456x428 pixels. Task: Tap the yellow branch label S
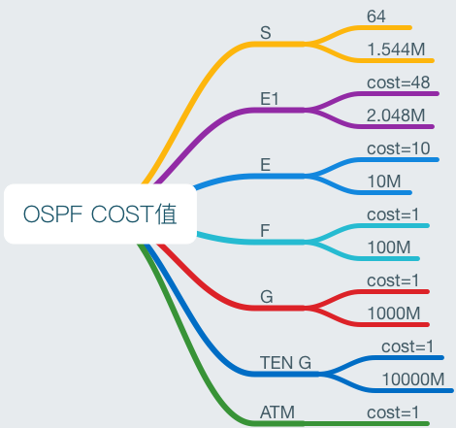[x=266, y=33]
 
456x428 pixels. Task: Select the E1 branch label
[x=270, y=99]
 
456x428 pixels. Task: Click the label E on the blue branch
[x=266, y=165]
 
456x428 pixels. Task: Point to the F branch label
[x=265, y=231]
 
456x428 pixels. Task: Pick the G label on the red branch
[x=266, y=297]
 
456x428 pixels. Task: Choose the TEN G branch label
[x=285, y=363]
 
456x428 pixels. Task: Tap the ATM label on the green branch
[x=277, y=412]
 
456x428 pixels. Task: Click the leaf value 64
[x=377, y=16]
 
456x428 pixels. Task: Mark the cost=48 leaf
[x=399, y=82]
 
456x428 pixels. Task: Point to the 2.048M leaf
[x=396, y=115]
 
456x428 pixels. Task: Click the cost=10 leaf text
[x=399, y=148]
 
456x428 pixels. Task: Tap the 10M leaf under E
[x=385, y=181]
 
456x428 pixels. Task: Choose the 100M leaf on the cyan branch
[x=389, y=247]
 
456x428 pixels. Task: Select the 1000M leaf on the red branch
[x=394, y=313]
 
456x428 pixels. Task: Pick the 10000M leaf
[x=412, y=379]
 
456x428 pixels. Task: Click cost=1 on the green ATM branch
[x=394, y=412]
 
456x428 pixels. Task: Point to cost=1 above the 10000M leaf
[x=408, y=346]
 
